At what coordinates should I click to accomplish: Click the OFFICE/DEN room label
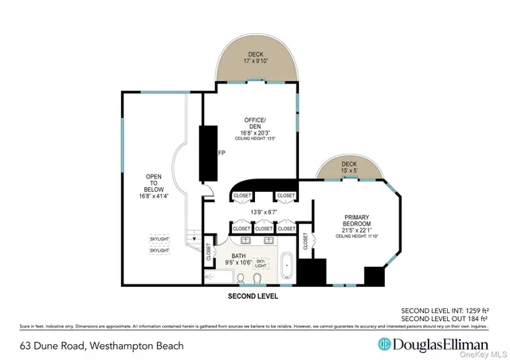(x=254, y=123)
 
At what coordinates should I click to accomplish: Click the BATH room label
(x=237, y=256)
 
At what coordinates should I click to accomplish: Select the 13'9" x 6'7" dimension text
(x=264, y=211)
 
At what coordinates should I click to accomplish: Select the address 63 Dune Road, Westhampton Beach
(x=101, y=346)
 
